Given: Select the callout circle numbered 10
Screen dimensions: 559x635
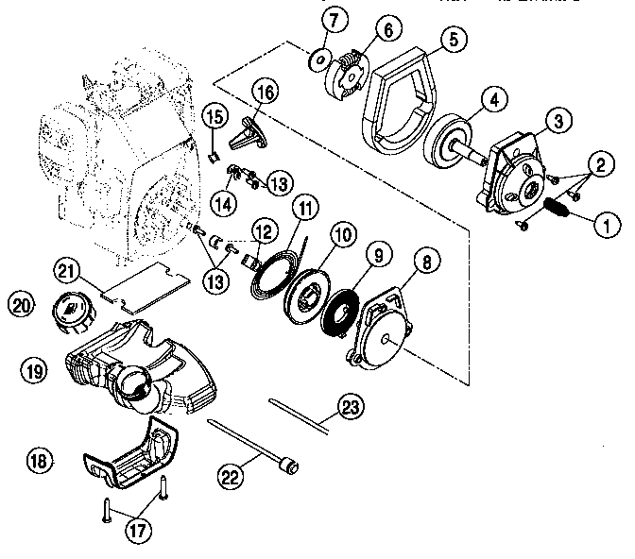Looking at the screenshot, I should click(x=341, y=231).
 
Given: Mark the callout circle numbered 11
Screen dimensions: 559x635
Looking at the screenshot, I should click(x=304, y=207).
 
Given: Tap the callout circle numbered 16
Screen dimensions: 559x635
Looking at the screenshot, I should click(x=266, y=93).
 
